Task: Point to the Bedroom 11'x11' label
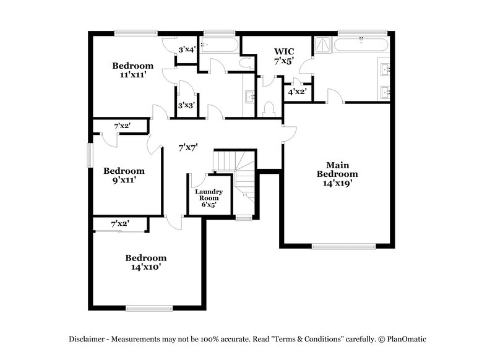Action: (132, 70)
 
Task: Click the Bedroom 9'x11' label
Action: (124, 175)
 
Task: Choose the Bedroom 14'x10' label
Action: (146, 262)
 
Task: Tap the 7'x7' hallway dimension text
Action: (187, 147)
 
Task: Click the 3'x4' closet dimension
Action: (187, 49)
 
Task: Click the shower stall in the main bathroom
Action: (322, 45)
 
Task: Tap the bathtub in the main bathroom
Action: (361, 45)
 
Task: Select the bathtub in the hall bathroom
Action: (220, 45)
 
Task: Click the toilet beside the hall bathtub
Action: (246, 62)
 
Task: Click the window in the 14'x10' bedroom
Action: (148, 307)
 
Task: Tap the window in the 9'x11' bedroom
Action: (90, 155)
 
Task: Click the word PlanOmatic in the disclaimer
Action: (407, 339)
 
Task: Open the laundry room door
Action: (198, 180)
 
